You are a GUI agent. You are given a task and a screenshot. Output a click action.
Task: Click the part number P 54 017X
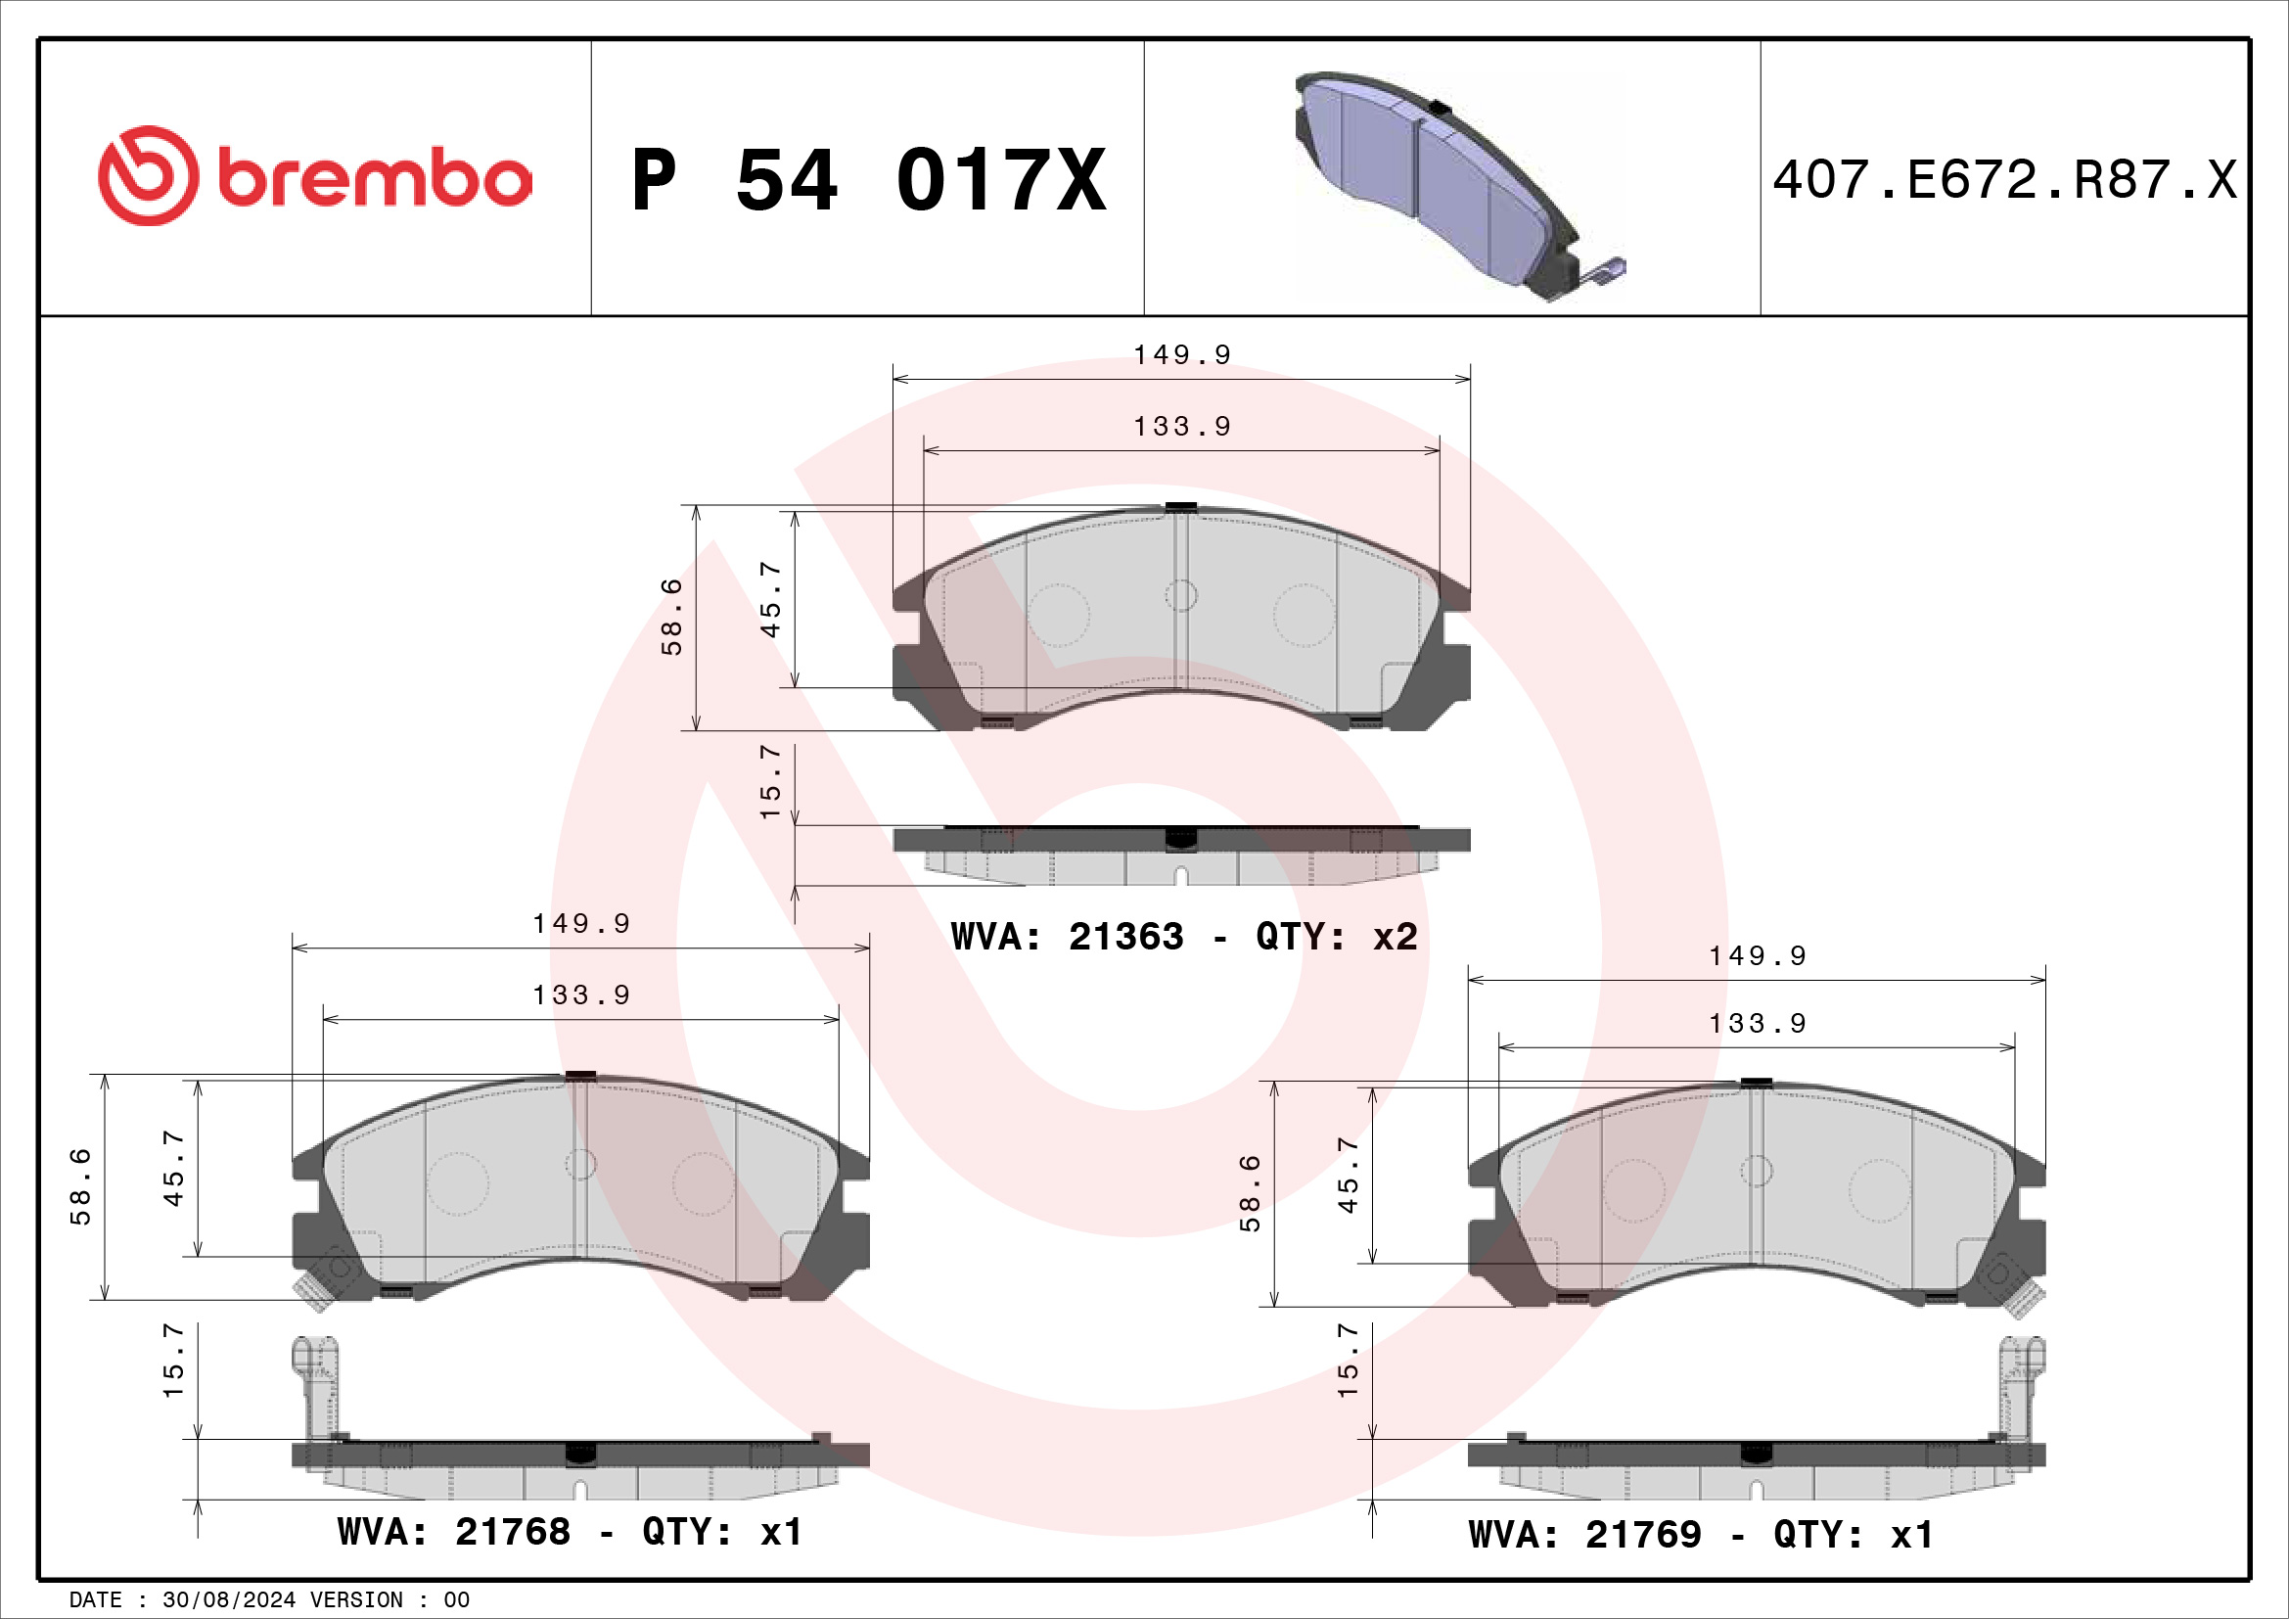[869, 180]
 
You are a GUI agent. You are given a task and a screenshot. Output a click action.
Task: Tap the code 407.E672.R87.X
[2005, 180]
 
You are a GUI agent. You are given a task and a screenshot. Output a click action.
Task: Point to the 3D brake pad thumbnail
[1460, 185]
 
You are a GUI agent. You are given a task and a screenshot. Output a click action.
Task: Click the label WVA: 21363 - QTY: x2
[1184, 937]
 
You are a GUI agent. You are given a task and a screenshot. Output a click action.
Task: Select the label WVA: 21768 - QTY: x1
[571, 1532]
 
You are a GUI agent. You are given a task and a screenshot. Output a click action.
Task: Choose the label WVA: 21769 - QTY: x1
[1701, 1535]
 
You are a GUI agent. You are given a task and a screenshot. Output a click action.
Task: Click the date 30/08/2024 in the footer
[229, 1600]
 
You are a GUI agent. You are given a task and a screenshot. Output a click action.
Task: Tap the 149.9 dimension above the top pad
[1182, 355]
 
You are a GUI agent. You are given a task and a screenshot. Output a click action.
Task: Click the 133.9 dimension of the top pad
[1182, 427]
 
